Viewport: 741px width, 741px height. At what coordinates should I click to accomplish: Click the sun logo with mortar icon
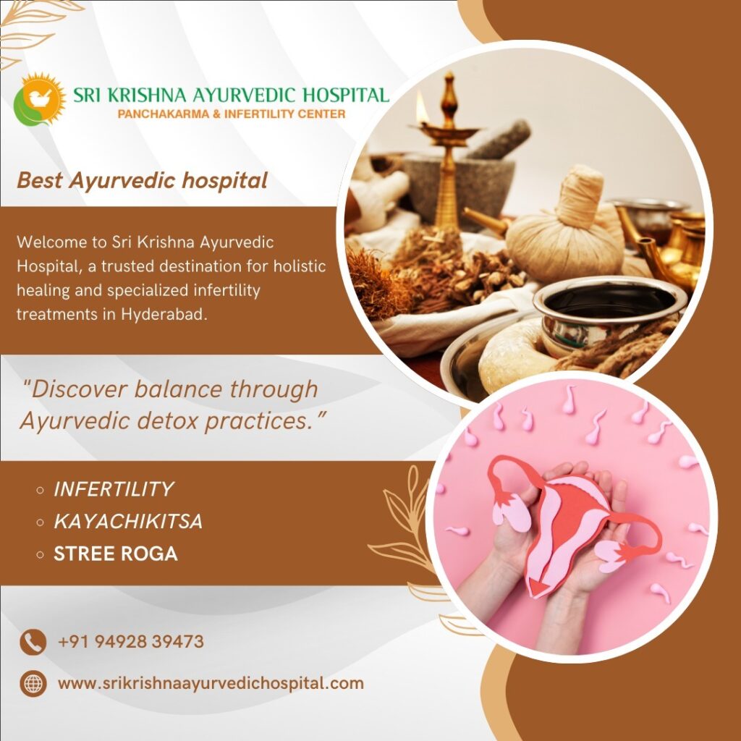pyautogui.click(x=39, y=99)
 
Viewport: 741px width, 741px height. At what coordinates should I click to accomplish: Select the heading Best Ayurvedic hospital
pyautogui.click(x=143, y=180)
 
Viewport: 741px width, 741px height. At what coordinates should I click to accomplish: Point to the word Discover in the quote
pyautogui.click(x=75, y=389)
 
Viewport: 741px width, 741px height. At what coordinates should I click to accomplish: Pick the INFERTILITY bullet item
pyautogui.click(x=114, y=489)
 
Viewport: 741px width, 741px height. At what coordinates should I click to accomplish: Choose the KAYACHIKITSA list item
pyautogui.click(x=128, y=521)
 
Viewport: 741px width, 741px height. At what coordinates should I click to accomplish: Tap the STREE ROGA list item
pyautogui.click(x=116, y=554)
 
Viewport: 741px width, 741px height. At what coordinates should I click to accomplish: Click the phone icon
pyautogui.click(x=33, y=643)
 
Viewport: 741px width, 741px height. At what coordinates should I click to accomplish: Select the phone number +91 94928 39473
pyautogui.click(x=131, y=642)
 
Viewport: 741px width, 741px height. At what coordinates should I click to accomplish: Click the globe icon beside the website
pyautogui.click(x=33, y=684)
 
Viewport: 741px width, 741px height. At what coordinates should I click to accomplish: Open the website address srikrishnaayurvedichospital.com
pyautogui.click(x=211, y=684)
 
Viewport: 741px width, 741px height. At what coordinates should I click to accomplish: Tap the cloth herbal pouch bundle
pyautogui.click(x=567, y=226)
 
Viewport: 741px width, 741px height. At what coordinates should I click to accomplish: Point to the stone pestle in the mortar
pyautogui.click(x=499, y=140)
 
